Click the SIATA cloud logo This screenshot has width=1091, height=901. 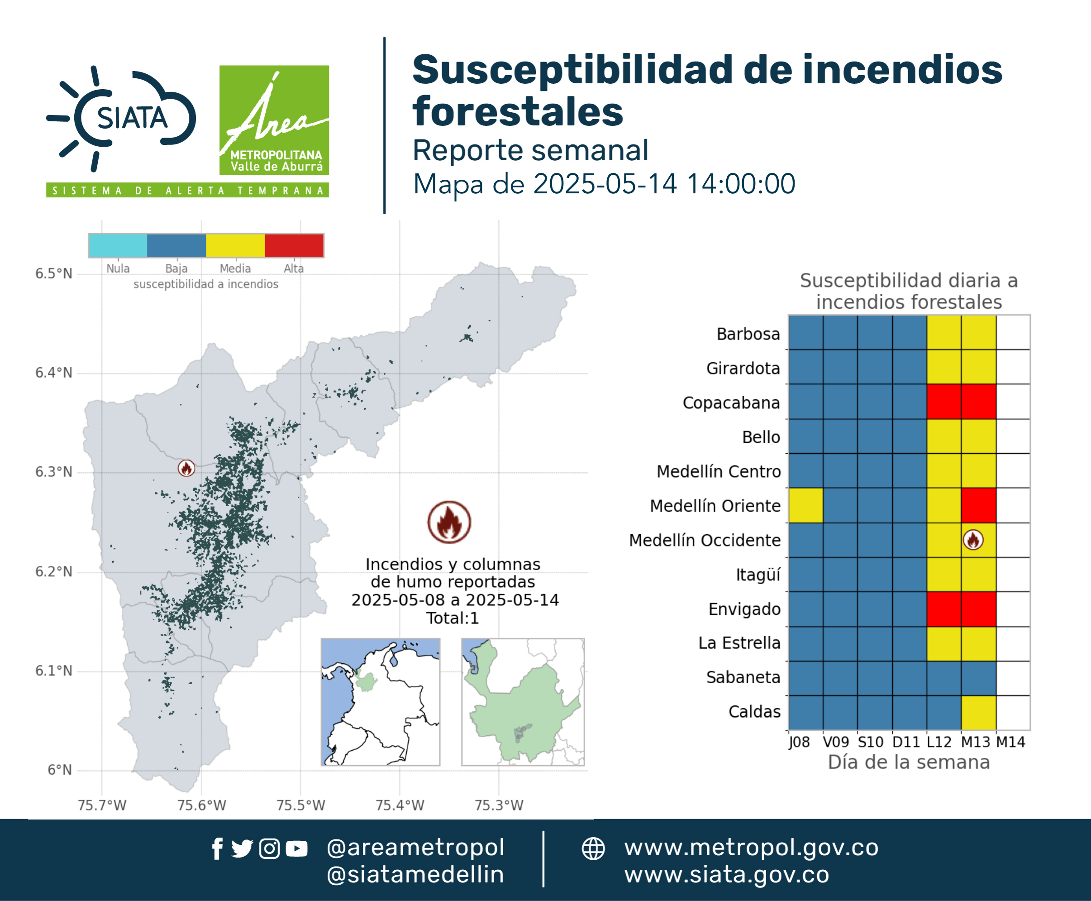[121, 118]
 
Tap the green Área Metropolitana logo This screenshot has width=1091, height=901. [274, 120]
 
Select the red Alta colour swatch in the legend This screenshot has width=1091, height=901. [294, 245]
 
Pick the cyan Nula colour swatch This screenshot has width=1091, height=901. [118, 245]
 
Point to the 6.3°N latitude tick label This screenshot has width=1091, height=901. [53, 472]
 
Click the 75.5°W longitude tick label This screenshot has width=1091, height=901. [300, 805]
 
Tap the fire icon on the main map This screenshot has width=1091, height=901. [186, 468]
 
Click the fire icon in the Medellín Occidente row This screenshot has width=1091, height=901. [973, 540]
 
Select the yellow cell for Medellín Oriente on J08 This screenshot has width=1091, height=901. [805, 505]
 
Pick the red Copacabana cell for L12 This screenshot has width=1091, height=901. [943, 402]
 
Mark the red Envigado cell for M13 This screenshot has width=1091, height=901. [978, 609]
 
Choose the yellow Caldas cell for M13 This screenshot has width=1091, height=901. [978, 713]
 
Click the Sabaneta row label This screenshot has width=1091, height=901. [743, 677]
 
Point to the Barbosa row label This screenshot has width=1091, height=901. [748, 334]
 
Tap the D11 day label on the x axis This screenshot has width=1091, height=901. [906, 742]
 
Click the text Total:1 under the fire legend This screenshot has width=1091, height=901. [453, 618]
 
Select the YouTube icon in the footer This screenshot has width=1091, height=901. [296, 848]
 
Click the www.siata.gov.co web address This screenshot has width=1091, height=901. [727, 875]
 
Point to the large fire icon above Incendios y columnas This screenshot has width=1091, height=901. [449, 522]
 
